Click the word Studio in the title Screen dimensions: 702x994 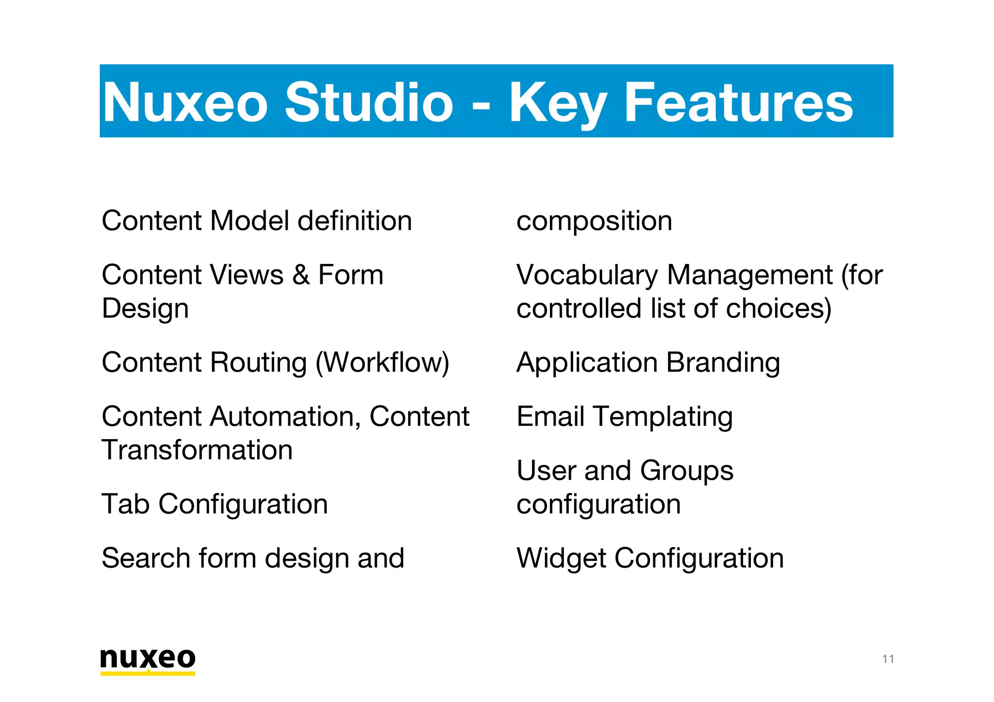[369, 102]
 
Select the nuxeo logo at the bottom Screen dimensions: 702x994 [148, 660]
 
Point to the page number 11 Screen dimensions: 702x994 [888, 659]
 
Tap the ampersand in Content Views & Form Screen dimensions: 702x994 [301, 275]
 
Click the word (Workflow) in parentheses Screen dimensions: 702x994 [382, 363]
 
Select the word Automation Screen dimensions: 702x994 [285, 416]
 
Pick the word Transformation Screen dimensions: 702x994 [197, 450]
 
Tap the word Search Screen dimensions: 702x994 [145, 558]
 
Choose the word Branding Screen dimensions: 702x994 [723, 363]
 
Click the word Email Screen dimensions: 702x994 [550, 416]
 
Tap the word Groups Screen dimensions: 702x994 [686, 471]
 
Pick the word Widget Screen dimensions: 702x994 [561, 558]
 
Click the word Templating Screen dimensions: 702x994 [663, 417]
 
